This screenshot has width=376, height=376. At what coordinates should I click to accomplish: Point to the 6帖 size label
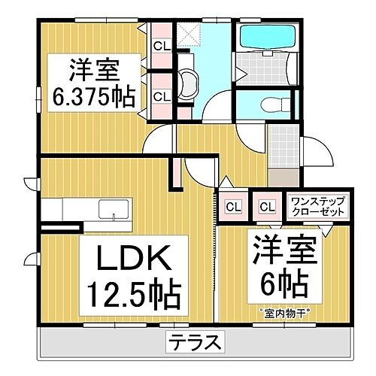(280, 284)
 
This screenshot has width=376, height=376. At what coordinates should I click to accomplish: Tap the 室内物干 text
(279, 311)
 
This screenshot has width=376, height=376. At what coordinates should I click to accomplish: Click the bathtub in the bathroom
(259, 38)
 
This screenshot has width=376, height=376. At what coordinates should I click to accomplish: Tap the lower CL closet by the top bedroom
(161, 96)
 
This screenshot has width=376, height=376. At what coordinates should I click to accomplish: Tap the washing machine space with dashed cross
(188, 34)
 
